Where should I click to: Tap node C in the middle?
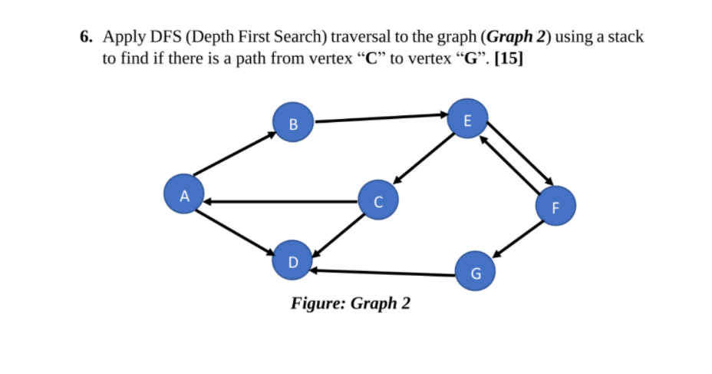pos(377,202)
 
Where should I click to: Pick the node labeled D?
pos(292,261)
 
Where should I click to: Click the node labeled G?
pos(476,273)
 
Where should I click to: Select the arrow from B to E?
pos(380,117)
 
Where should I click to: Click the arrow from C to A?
pos(281,201)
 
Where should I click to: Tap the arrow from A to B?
pos(234,154)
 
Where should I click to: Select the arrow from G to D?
pos(384,272)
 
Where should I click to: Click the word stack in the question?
pos(625,36)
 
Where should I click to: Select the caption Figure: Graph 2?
pos(350,303)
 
